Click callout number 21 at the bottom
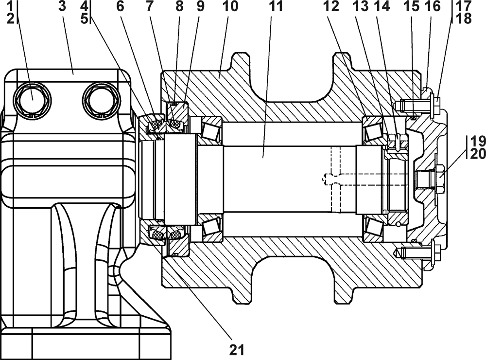[x=237, y=350]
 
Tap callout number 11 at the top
[x=276, y=6]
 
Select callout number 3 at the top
[x=62, y=6]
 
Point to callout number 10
[x=230, y=6]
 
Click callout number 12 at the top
[x=331, y=6]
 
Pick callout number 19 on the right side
[x=478, y=142]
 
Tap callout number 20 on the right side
[x=478, y=154]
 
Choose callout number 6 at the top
[x=120, y=6]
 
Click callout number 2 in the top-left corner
[x=10, y=18]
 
